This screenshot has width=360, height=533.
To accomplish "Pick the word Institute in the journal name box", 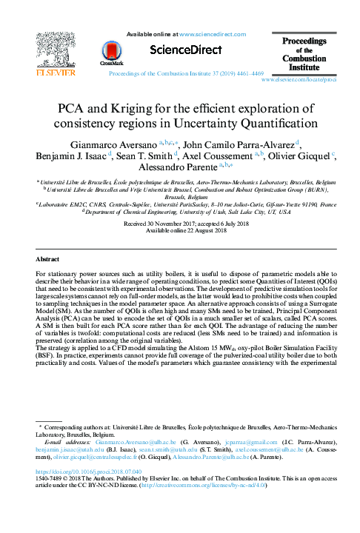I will [304, 67].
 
